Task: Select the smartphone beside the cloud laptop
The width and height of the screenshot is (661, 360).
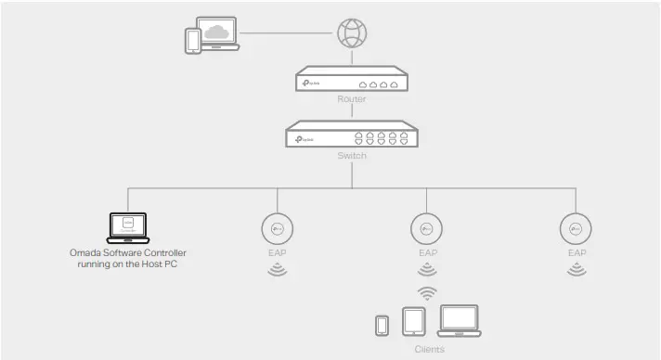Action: click(192, 40)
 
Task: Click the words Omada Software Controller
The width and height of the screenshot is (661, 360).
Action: click(128, 252)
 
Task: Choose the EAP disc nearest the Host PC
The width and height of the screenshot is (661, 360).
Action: click(278, 228)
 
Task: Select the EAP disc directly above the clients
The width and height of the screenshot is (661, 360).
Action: click(427, 228)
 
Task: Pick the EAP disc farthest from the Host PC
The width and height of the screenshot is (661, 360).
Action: click(577, 228)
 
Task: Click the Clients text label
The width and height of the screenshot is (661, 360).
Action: click(428, 349)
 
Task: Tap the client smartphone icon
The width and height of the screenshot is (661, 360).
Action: click(382, 326)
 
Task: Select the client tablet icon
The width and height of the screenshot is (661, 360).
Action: click(414, 322)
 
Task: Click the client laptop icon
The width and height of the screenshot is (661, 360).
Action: click(458, 321)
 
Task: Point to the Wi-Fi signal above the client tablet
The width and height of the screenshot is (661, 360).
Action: click(427, 293)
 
